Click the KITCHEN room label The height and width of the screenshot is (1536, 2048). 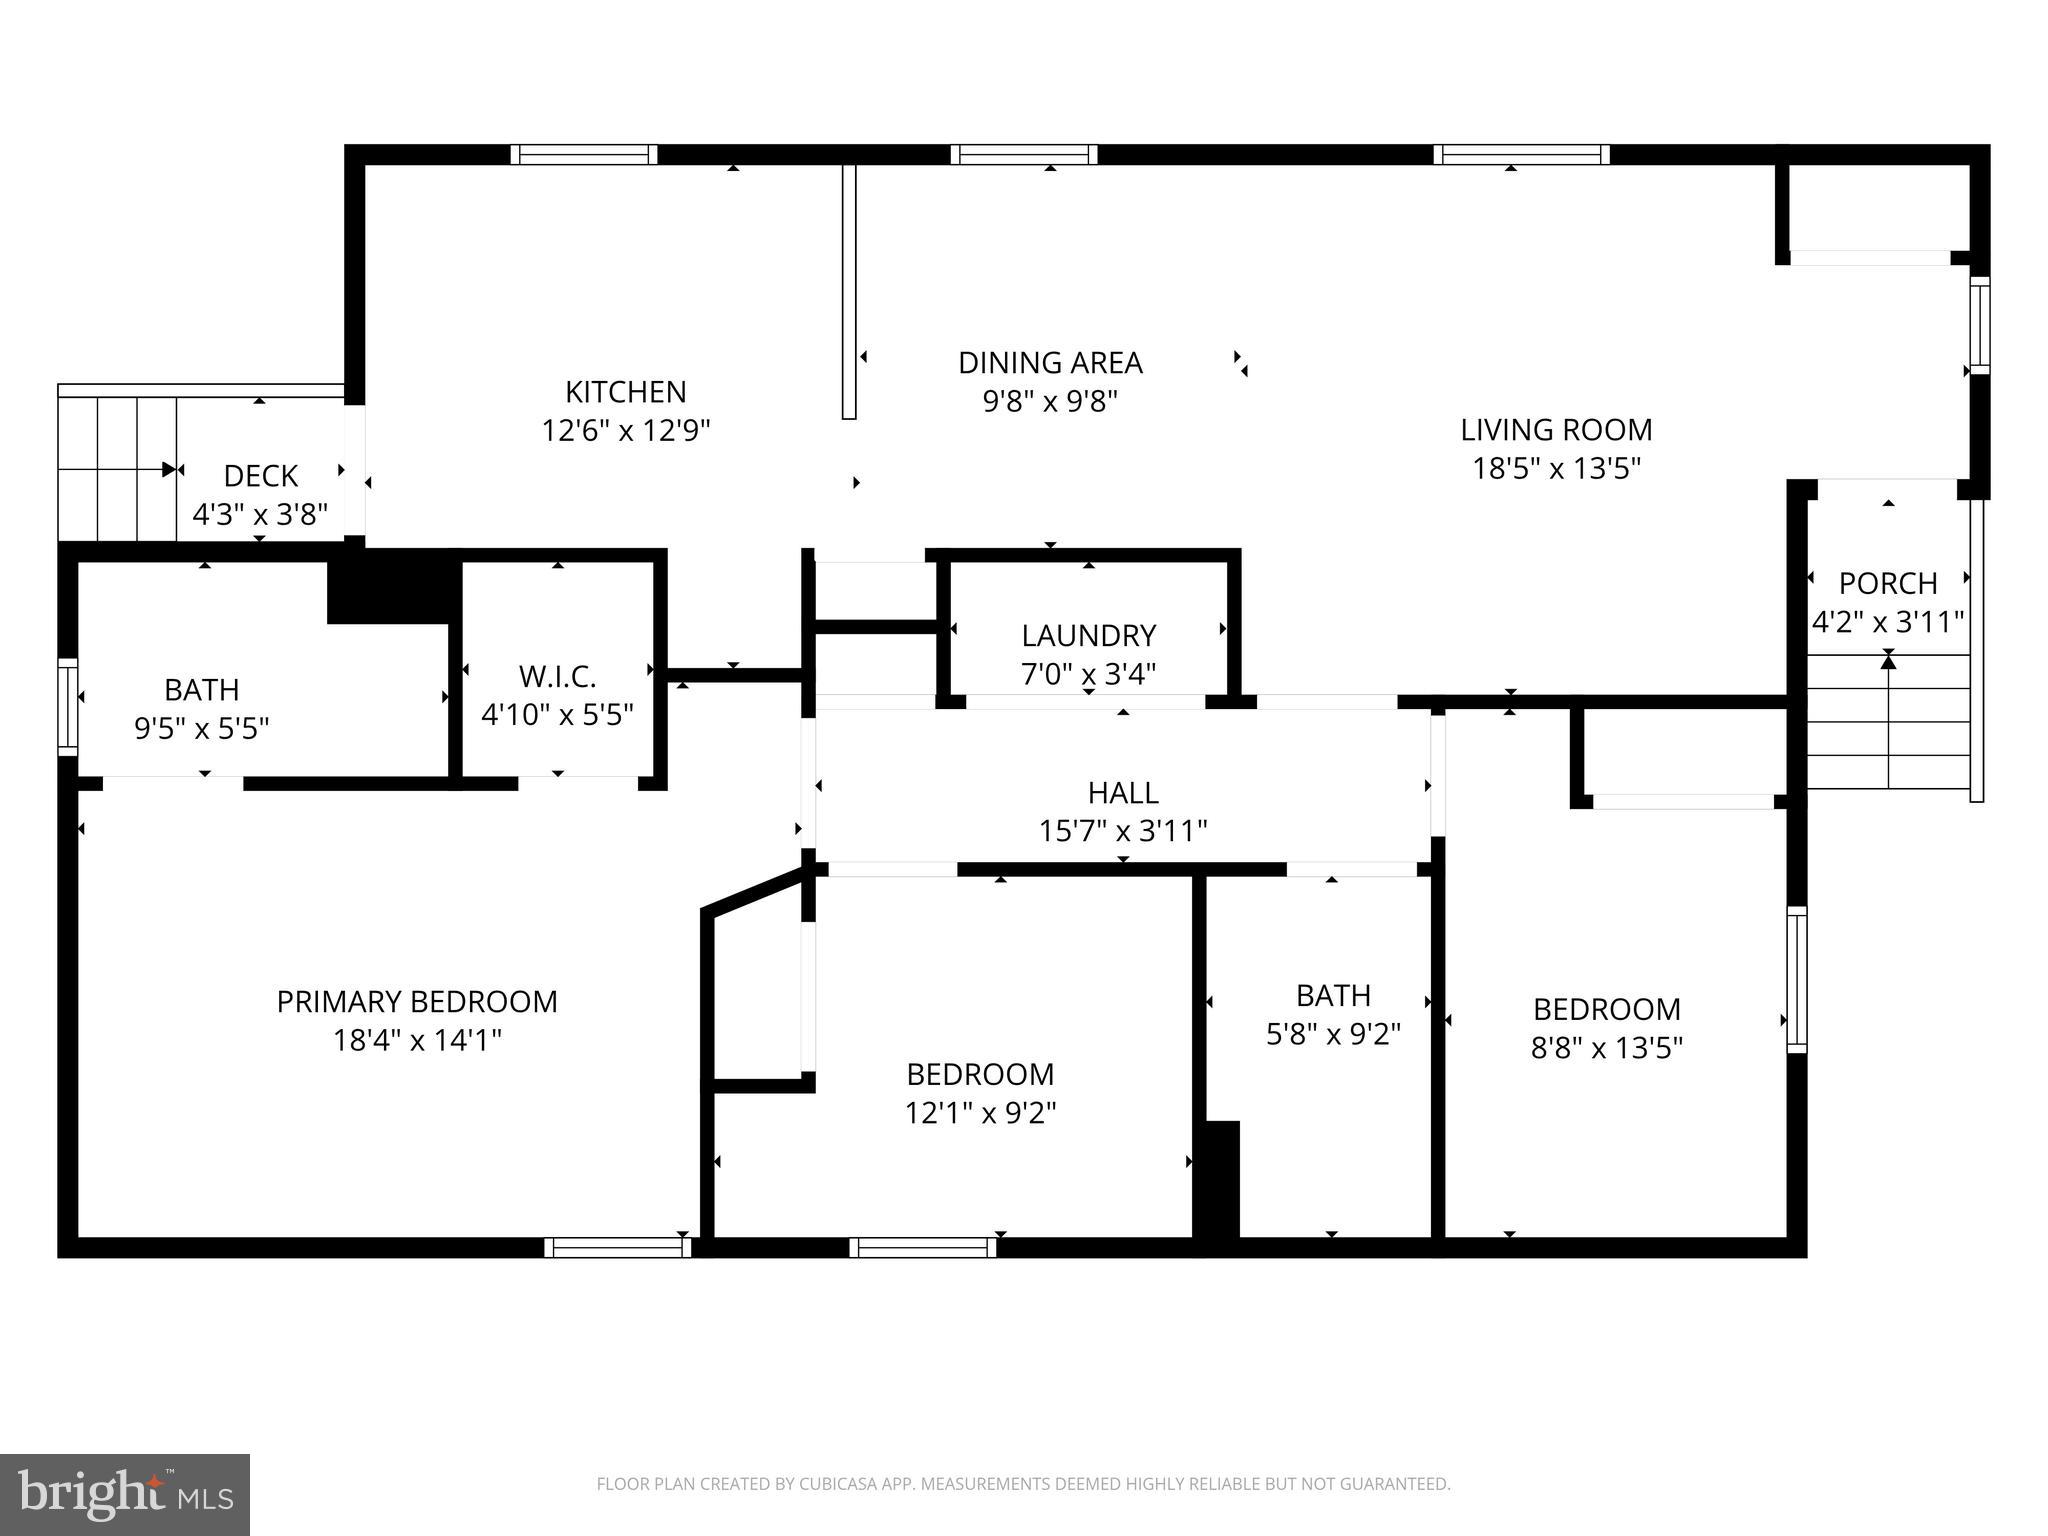coord(625,391)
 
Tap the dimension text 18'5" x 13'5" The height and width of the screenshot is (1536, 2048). coord(1556,468)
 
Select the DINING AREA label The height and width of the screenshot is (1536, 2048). coord(1050,362)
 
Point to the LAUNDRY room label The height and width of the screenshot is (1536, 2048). coord(1088,635)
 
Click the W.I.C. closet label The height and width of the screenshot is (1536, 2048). coord(557,677)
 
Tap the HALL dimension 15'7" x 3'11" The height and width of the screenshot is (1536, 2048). coord(1123,831)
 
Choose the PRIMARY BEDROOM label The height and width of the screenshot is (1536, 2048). coord(417,1001)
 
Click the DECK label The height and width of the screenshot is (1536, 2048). coord(260,475)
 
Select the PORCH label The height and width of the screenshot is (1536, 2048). coord(1888,583)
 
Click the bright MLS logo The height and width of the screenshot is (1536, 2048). coord(124,1494)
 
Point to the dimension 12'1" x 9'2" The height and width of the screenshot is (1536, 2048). coord(980,1113)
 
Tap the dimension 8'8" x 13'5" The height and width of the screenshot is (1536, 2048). coord(1606,1048)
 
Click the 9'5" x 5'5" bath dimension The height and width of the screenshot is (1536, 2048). coord(202,728)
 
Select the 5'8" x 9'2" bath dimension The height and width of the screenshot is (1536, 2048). coord(1333,1034)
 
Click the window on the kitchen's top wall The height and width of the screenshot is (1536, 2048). coord(584,154)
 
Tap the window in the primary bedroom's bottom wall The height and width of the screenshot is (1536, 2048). coord(617,1247)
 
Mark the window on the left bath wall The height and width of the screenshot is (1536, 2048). coord(67,706)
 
